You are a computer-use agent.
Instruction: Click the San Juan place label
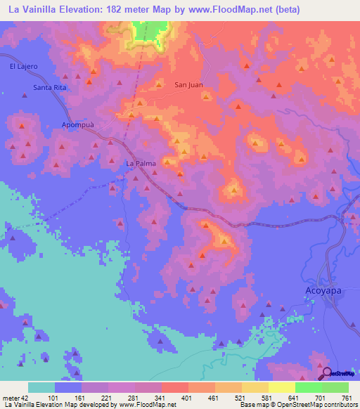pos(188,85)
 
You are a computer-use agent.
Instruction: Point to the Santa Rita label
pos(49,87)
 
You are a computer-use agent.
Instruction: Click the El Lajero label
pos(23,66)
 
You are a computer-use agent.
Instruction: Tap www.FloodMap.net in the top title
pos(224,9)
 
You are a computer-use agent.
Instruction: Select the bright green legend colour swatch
pos(308,387)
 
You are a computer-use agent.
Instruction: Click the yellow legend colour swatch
pos(281,387)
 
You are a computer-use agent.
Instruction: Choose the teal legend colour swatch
pos(41,387)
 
